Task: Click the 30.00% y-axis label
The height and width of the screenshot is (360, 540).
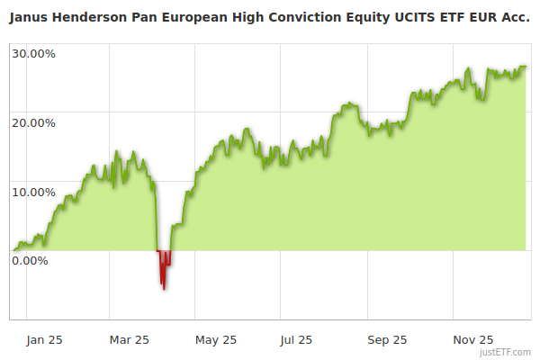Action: pyautogui.click(x=33, y=53)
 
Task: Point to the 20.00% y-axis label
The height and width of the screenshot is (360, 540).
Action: pyautogui.click(x=33, y=122)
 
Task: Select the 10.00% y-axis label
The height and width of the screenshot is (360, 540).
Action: pyautogui.click(x=33, y=192)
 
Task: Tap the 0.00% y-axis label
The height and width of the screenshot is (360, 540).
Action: pyautogui.click(x=30, y=261)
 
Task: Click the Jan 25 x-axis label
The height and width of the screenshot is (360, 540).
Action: pyautogui.click(x=44, y=340)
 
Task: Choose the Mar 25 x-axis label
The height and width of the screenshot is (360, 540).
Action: pyautogui.click(x=130, y=340)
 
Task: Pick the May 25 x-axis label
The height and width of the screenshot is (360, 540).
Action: pyautogui.click(x=216, y=340)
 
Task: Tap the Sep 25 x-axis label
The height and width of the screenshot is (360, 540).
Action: pyautogui.click(x=387, y=340)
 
